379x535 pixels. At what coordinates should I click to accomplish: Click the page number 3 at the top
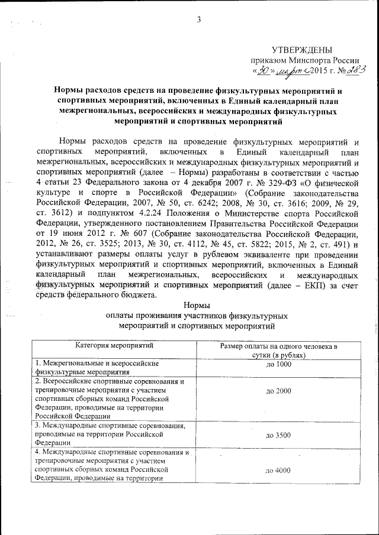(x=200, y=20)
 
